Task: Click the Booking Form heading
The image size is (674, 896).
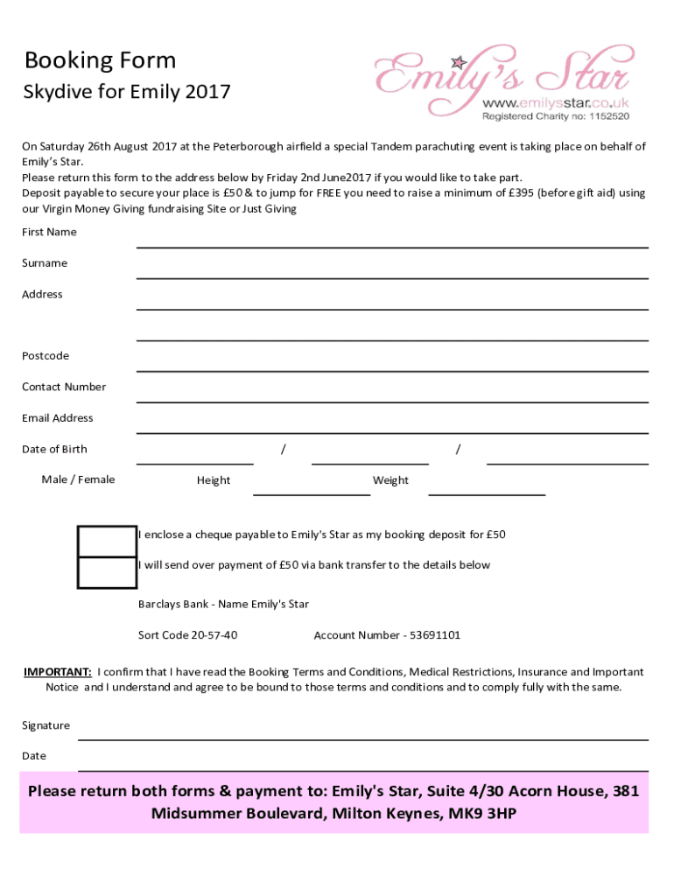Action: pos(100,60)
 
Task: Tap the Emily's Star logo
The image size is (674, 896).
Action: pos(502,73)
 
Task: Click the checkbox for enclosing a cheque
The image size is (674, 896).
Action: pos(107,542)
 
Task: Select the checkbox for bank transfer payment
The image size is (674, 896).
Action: pos(107,572)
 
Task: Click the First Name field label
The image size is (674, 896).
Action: pos(49,232)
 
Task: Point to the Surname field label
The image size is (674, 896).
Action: pos(45,263)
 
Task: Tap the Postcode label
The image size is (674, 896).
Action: pos(46,356)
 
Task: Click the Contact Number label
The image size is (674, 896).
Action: pos(64,387)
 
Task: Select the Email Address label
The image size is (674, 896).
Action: pos(58,418)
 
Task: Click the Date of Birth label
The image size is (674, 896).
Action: pos(54,449)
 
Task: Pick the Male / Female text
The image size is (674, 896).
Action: pos(78,479)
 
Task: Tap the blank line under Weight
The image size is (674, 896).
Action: pos(486,493)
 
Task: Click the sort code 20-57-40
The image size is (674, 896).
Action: pos(214,635)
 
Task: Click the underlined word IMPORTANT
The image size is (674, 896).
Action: pos(57,672)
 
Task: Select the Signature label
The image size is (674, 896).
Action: pos(46,725)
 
